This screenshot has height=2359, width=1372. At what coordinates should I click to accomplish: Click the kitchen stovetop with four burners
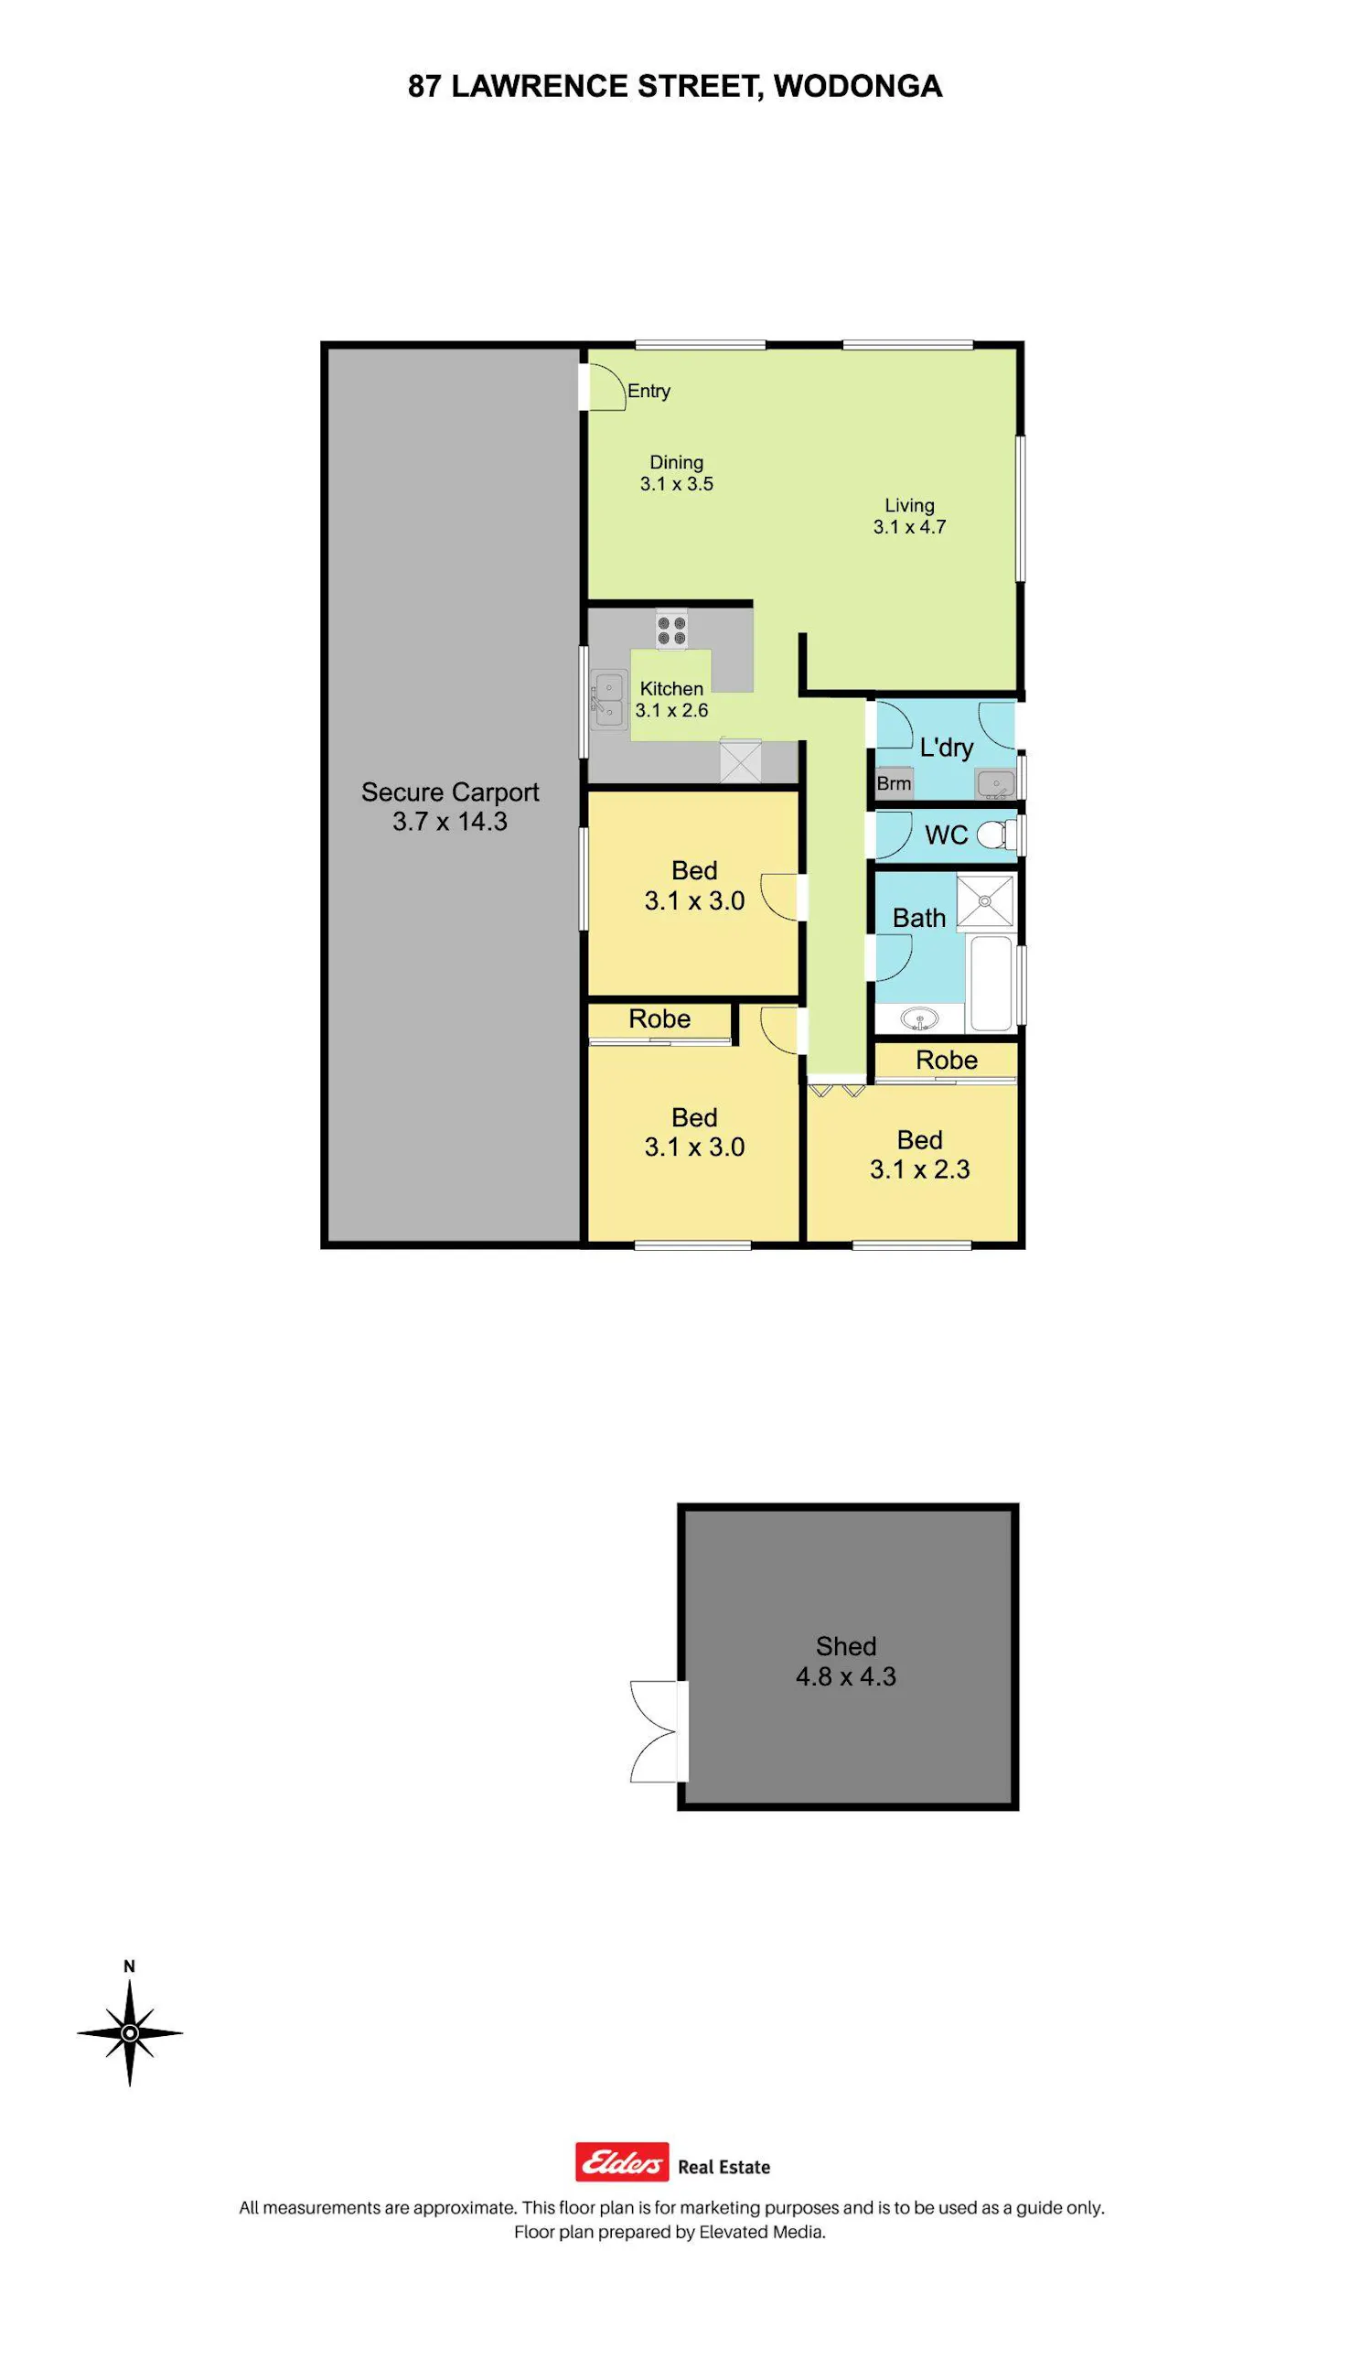[671, 628]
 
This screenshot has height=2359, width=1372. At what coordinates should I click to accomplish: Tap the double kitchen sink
[608, 699]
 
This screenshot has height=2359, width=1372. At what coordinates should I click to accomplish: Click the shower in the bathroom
[984, 900]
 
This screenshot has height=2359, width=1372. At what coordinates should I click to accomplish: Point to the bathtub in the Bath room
[992, 982]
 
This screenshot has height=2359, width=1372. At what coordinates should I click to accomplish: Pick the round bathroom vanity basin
[919, 1018]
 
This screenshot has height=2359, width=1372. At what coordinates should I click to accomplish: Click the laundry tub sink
[995, 782]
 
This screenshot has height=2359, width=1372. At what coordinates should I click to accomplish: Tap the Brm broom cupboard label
[894, 783]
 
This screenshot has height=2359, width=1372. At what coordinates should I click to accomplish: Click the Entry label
[648, 392]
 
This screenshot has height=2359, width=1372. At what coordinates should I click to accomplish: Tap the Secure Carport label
[450, 792]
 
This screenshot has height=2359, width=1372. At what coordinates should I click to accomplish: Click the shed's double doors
[659, 1731]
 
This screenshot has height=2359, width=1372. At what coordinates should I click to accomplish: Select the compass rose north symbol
[130, 2032]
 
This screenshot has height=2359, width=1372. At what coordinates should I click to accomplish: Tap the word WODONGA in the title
[857, 86]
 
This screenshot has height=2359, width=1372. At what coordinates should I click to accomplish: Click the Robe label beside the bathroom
[946, 1060]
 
